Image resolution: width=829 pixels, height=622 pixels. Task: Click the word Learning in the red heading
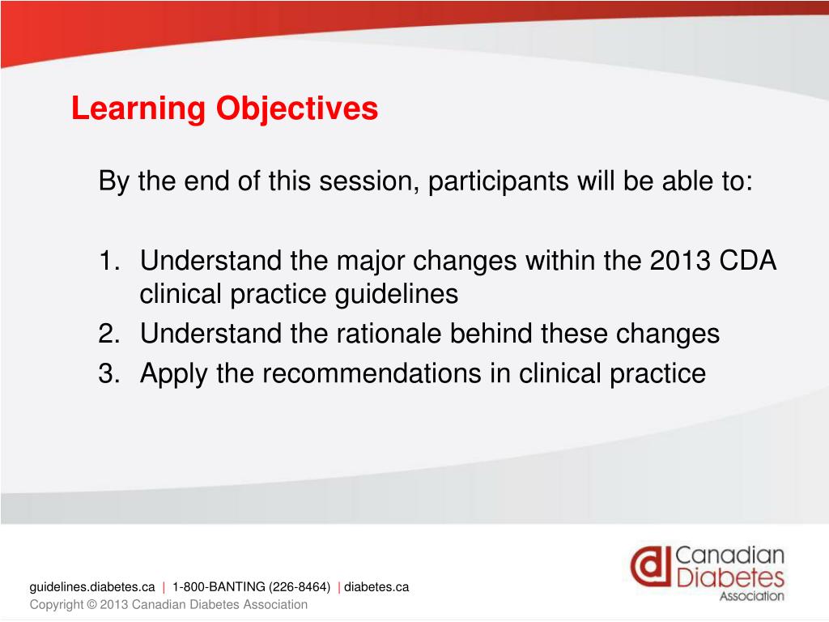(x=138, y=109)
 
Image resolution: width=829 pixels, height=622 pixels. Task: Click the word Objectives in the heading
(x=297, y=109)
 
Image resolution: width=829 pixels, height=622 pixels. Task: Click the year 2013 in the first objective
(x=680, y=261)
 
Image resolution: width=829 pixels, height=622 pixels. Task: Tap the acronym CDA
(x=748, y=261)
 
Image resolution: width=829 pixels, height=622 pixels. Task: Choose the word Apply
(x=173, y=374)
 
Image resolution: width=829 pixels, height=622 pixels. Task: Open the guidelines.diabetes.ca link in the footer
(x=92, y=587)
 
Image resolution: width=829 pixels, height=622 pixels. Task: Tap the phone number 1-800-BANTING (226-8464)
(x=251, y=587)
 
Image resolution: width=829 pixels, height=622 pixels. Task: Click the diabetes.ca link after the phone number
(x=376, y=587)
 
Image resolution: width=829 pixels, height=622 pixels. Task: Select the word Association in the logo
(x=752, y=596)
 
